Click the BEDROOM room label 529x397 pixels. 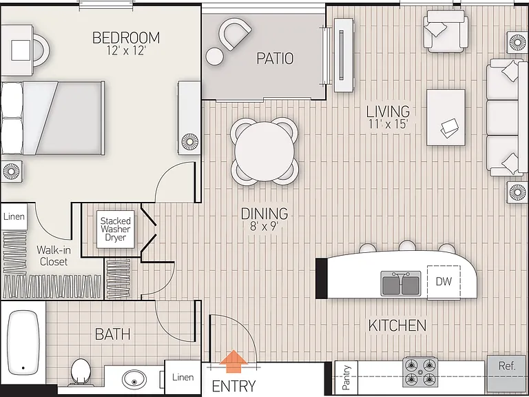tap(126, 37)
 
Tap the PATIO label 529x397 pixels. tap(275, 59)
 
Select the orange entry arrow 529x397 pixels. tap(234, 362)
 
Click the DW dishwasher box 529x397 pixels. tap(444, 282)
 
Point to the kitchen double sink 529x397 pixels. tap(401, 283)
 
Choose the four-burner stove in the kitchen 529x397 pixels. tap(420, 371)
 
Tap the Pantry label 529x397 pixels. tap(346, 377)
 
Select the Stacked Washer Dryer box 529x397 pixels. tap(116, 230)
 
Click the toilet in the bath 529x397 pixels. tap(81, 371)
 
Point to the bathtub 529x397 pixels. tap(23, 343)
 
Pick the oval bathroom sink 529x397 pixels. tap(134, 380)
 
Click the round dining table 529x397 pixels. tap(264, 151)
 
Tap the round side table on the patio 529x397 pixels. tap(215, 57)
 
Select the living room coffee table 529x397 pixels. tap(446, 117)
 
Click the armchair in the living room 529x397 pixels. tap(446, 31)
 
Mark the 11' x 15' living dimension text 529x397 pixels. tap(388, 124)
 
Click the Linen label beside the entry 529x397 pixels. tap(183, 377)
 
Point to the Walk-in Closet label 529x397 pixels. tap(54, 256)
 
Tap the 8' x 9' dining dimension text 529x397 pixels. tap(264, 226)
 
